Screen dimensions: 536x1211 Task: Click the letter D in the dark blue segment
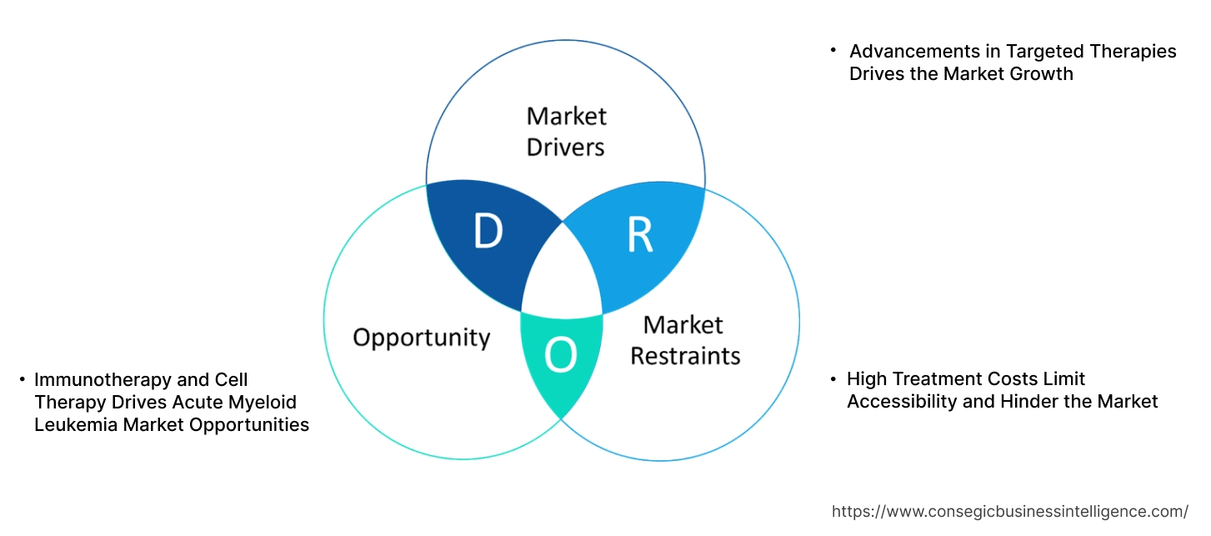pos(488,233)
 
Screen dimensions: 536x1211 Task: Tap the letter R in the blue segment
pos(640,236)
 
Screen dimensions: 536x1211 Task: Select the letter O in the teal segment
pos(560,357)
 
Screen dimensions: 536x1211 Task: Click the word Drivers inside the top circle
pos(566,148)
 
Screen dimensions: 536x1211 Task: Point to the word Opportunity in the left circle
pos(421,338)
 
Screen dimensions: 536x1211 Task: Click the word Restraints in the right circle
pos(685,356)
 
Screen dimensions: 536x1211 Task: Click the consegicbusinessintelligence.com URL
pos(1010,511)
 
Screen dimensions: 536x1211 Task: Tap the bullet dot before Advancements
pos(833,51)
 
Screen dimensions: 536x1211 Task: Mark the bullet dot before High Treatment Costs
pos(833,379)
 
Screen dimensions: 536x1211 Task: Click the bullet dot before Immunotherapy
pos(23,380)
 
